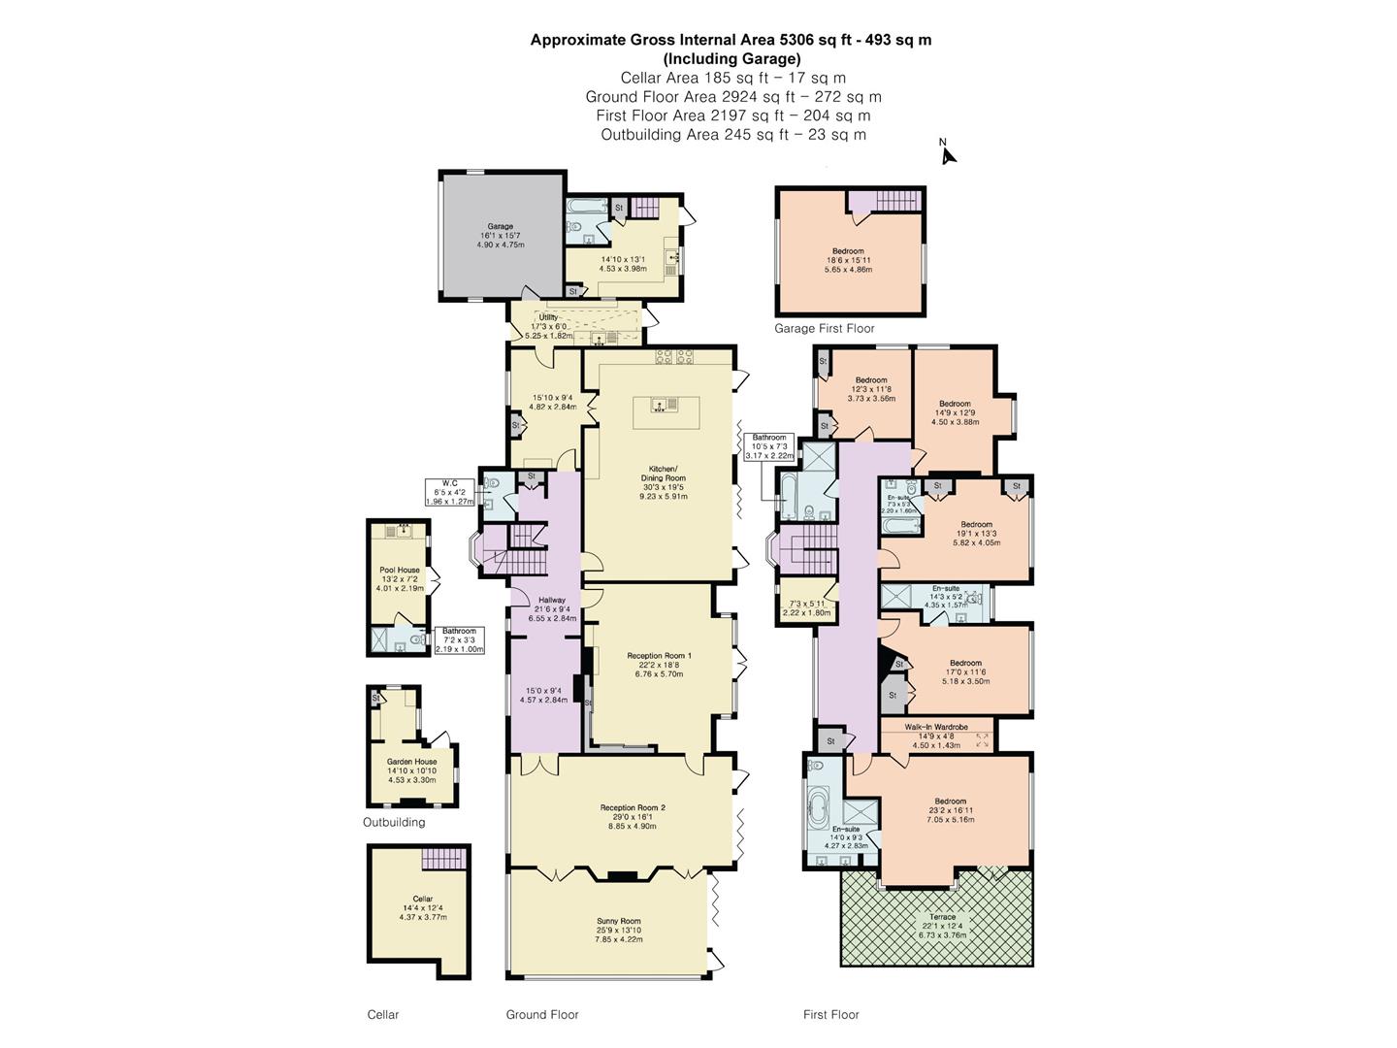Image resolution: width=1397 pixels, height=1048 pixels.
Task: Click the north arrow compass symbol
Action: click(947, 152)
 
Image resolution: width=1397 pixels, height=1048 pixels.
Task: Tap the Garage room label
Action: click(500, 226)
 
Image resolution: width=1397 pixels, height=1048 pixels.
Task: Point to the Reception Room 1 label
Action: click(659, 655)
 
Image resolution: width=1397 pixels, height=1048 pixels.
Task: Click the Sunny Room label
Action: click(618, 921)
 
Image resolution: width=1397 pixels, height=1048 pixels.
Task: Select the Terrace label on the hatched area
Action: click(942, 917)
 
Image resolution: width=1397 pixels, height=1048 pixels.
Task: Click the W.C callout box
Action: click(449, 492)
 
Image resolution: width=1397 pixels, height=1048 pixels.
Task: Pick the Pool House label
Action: click(399, 571)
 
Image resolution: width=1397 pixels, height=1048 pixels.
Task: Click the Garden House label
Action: click(411, 762)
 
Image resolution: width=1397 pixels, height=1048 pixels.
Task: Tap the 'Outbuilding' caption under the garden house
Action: click(394, 822)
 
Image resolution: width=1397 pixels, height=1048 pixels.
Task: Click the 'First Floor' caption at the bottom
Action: click(830, 1015)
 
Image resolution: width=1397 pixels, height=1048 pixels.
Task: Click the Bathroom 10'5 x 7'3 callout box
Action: click(768, 446)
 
